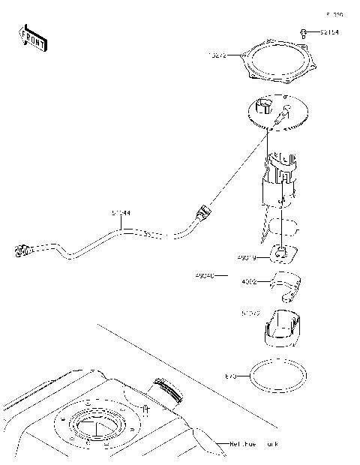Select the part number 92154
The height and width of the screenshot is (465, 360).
(328, 32)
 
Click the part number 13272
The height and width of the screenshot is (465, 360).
(217, 55)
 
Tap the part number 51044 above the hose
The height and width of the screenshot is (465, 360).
(121, 213)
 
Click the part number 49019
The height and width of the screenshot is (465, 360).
(247, 258)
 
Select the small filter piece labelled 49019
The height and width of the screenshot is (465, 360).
(282, 255)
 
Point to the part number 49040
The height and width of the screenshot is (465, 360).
(205, 276)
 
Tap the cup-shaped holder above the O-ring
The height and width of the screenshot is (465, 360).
(282, 328)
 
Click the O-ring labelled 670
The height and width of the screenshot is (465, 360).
(278, 376)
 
